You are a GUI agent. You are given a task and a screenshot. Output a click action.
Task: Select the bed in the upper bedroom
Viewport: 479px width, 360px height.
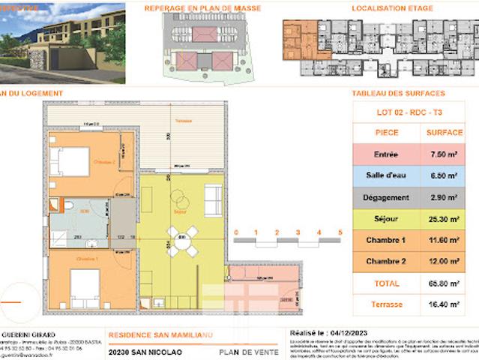pyautogui.click(x=69, y=160)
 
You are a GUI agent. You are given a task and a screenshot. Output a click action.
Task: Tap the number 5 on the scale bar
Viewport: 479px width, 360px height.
pyautogui.click(x=341, y=232)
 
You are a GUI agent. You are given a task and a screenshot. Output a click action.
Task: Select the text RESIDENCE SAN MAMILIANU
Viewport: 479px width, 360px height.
pyautogui.click(x=157, y=334)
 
